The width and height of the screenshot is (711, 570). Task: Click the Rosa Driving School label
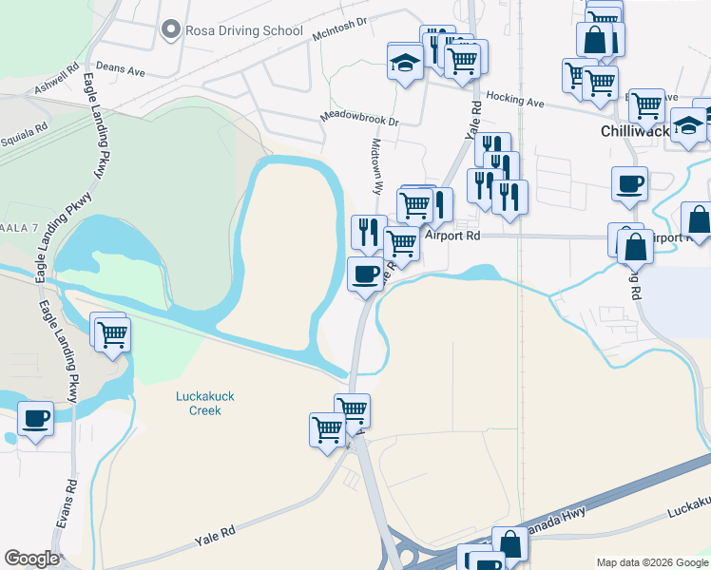tap(244, 30)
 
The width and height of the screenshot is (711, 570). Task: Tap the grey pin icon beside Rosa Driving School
tap(171, 30)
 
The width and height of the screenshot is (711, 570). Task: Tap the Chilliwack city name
tap(635, 131)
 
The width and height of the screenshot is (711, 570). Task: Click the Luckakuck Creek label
tap(199, 403)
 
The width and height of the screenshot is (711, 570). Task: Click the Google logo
tap(31, 559)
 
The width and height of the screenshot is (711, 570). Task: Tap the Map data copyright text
tap(651, 562)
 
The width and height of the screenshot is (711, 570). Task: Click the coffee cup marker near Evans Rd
tap(36, 419)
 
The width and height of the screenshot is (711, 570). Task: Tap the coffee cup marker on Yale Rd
tap(366, 275)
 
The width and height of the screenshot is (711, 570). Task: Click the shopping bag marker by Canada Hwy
tap(509, 545)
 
